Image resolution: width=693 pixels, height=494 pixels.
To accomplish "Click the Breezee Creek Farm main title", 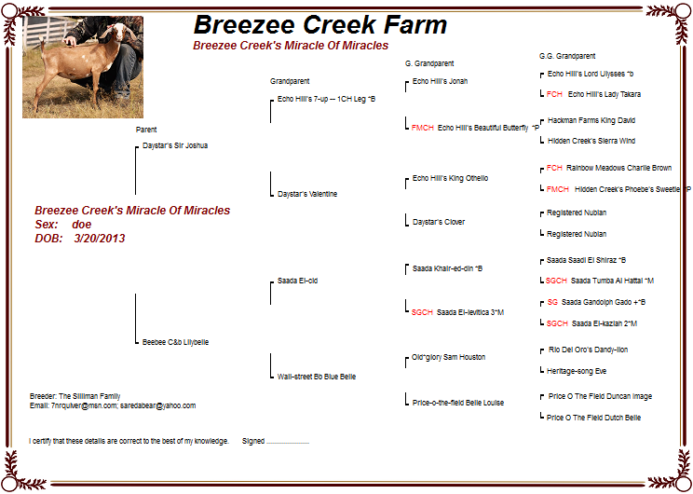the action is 320,24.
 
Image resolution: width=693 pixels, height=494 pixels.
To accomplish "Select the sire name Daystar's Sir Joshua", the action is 175,145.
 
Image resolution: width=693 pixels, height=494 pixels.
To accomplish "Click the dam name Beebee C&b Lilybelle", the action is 175,342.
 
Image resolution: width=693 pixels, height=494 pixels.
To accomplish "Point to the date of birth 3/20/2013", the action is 100,239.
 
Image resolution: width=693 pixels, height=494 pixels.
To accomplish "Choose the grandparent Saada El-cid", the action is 297,281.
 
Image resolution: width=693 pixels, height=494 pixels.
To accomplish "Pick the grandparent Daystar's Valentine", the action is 307,194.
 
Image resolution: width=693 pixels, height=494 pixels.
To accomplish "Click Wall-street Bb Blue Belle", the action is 317,377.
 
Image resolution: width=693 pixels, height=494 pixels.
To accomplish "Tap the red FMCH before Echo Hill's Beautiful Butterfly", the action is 423,128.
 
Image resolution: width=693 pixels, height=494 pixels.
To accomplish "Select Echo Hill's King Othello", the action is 451,178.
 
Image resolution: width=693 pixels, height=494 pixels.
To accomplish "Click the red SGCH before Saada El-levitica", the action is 422,312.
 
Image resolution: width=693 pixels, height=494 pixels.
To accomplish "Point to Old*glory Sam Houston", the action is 449,357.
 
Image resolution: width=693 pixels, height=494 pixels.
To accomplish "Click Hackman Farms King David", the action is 591,120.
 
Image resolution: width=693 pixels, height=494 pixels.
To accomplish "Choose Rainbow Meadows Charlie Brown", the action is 618,168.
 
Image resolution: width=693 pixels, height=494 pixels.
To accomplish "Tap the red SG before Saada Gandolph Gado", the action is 552,302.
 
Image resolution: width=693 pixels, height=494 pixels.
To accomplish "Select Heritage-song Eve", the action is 577,371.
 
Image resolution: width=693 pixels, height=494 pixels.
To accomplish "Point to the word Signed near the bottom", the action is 253,441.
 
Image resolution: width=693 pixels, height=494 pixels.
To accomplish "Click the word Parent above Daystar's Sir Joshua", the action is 146,130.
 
